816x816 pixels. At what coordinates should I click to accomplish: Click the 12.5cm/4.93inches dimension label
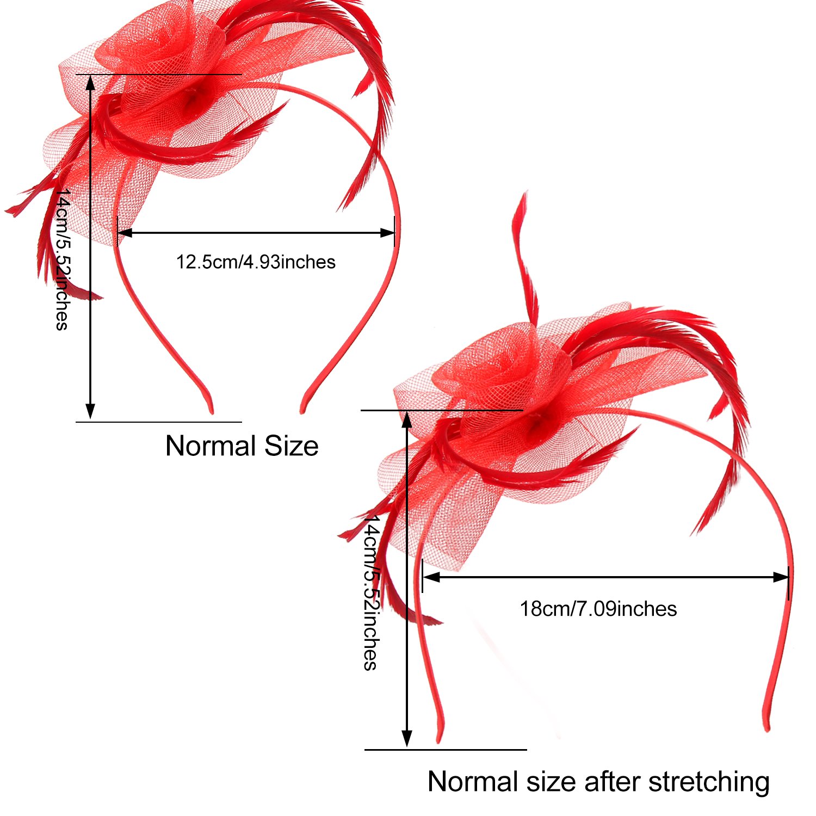[256, 262]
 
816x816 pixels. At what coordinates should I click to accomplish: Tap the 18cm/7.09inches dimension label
[598, 609]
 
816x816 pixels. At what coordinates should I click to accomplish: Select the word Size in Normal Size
[291, 446]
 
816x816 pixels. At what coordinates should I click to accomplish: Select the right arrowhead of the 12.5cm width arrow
[388, 233]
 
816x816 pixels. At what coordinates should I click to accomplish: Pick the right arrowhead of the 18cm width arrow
[782, 577]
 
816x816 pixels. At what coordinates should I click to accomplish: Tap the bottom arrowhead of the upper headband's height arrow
[90, 412]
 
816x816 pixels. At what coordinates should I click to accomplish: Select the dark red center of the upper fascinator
[192, 99]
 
